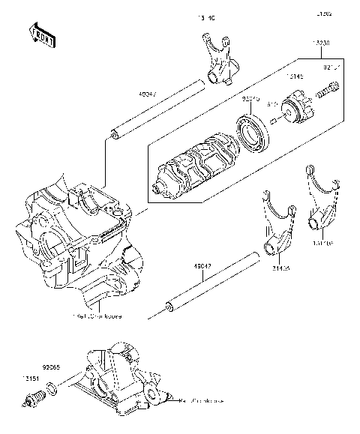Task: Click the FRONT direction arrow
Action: pos(41,34)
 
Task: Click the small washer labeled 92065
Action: pos(51,389)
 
